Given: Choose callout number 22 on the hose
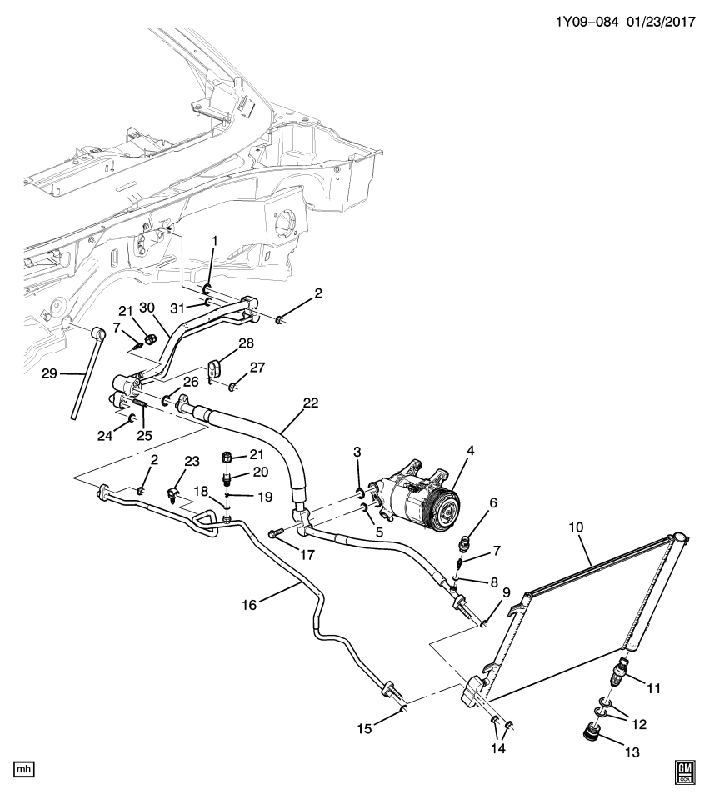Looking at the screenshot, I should [310, 402].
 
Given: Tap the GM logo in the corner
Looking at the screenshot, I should [684, 772].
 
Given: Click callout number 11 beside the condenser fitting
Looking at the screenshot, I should [654, 688].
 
